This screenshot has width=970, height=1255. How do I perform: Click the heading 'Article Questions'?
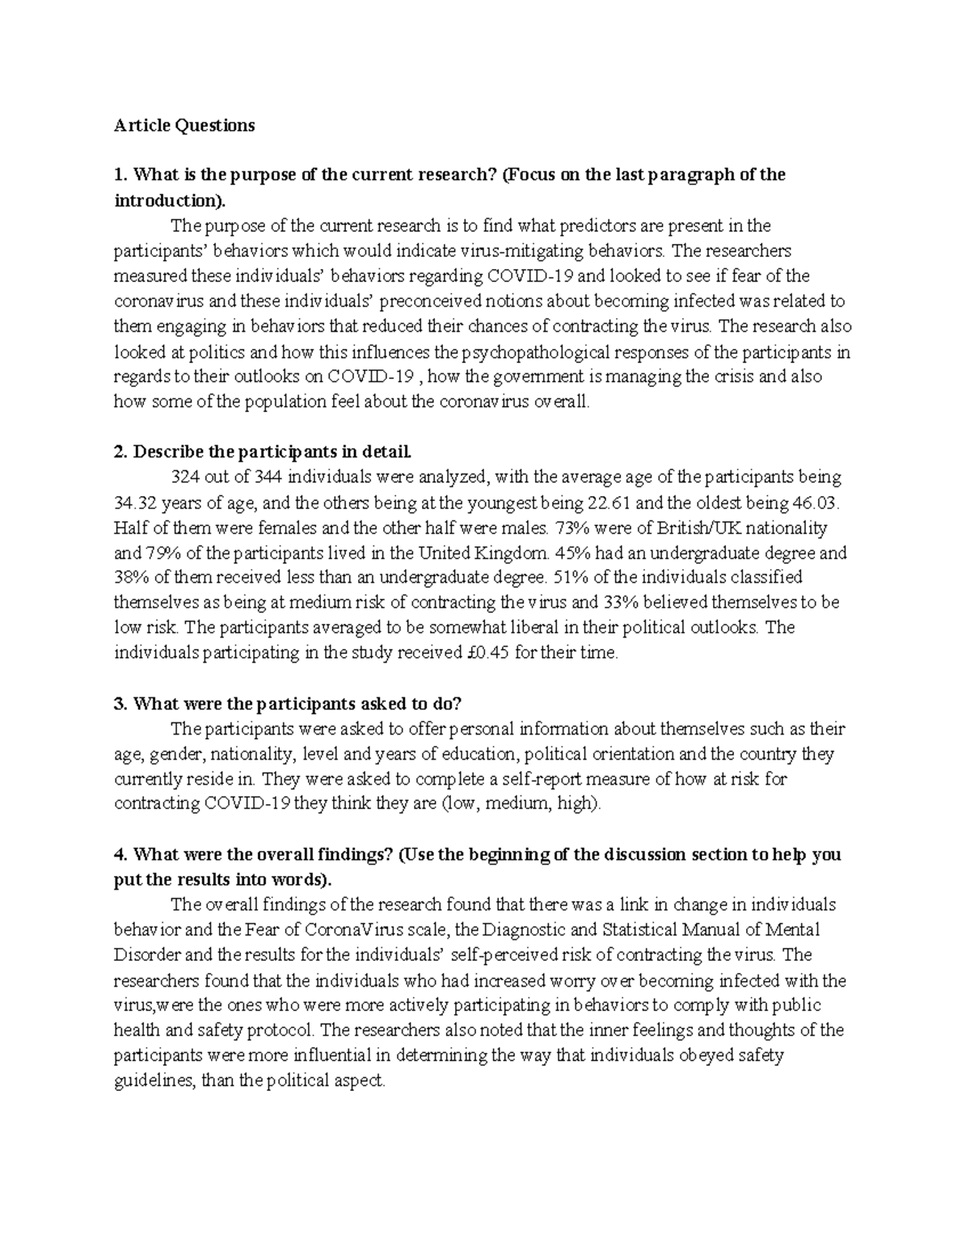(183, 125)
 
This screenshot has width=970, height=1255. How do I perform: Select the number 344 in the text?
(268, 477)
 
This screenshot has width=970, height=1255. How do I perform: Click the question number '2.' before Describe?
(120, 451)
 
